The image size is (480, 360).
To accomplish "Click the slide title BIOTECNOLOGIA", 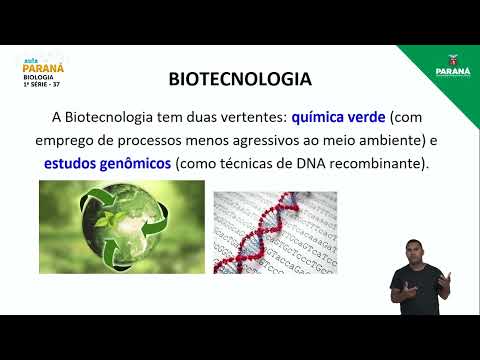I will coord(239,79).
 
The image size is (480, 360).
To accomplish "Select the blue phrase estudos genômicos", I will coord(106,162).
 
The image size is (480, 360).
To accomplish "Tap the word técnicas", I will coord(238,162).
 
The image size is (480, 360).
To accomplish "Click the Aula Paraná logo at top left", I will coord(43,63).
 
